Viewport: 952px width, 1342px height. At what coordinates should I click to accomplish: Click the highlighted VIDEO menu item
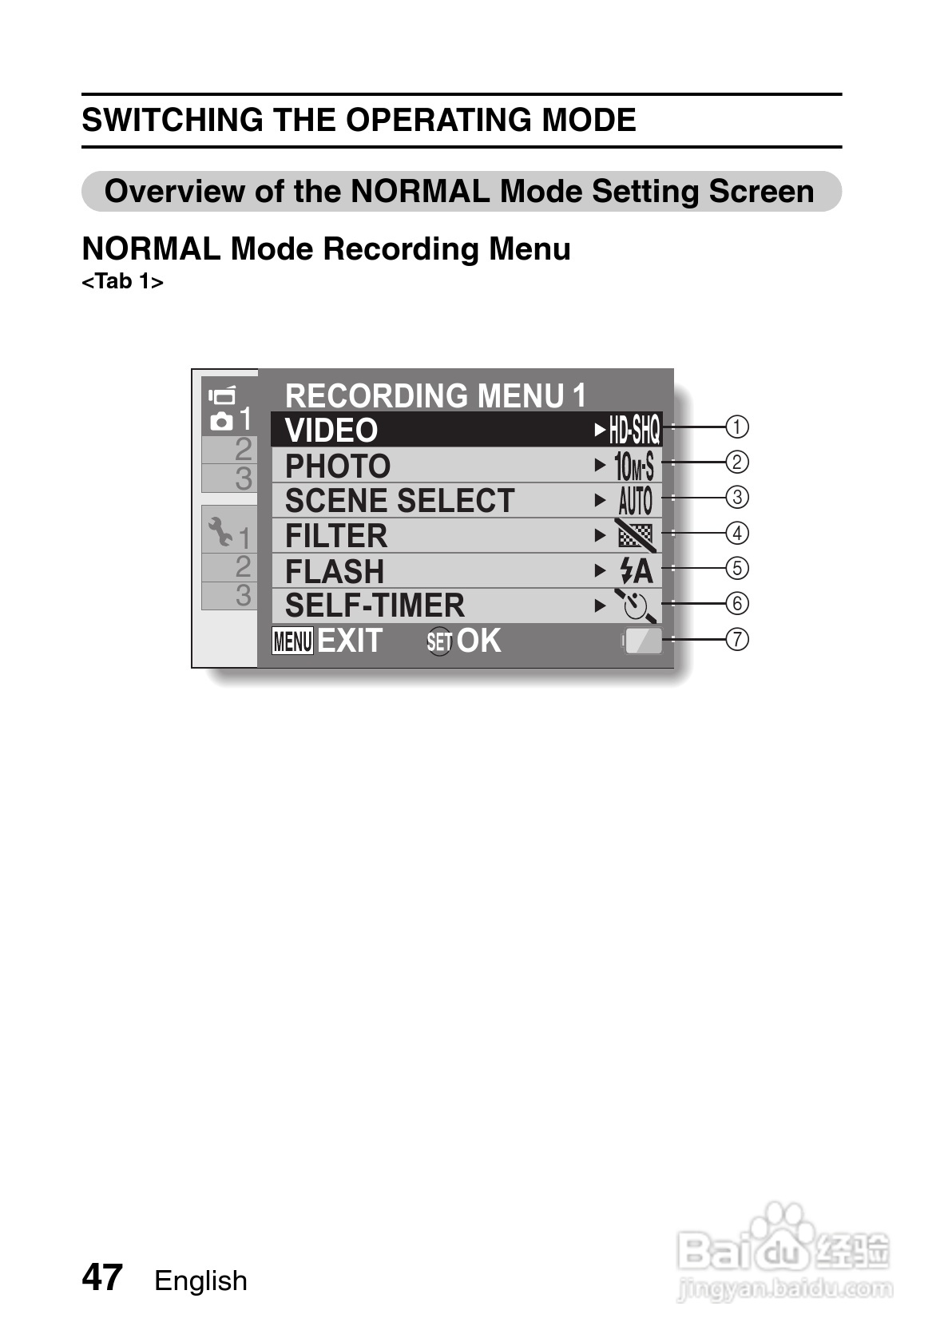(x=331, y=431)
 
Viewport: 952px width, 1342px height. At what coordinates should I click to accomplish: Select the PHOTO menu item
(x=338, y=466)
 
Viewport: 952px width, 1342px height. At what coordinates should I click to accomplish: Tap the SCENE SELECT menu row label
(x=399, y=501)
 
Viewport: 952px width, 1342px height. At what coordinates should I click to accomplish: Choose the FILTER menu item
(x=336, y=536)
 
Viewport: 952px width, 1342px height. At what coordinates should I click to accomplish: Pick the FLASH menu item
(x=335, y=571)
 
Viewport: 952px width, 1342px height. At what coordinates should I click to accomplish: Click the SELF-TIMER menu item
(x=375, y=605)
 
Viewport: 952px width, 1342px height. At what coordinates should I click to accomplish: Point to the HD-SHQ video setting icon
(x=635, y=431)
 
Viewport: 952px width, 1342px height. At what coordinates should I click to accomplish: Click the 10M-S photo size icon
(x=634, y=466)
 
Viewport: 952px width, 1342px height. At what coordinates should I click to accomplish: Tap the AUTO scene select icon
(x=636, y=501)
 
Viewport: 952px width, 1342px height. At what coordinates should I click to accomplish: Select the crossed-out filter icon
(x=636, y=534)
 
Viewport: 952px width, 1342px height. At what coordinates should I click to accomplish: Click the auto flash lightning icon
(x=636, y=571)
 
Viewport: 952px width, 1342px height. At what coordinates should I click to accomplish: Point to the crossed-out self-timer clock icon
(x=636, y=605)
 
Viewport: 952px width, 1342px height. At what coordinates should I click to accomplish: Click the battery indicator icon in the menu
(x=643, y=641)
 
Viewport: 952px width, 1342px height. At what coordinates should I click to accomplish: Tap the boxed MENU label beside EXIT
(x=292, y=641)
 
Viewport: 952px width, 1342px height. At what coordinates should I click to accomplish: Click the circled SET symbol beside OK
(x=439, y=641)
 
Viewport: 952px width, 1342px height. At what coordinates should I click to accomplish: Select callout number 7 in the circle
(x=737, y=639)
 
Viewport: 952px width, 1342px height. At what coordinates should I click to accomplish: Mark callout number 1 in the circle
(x=737, y=427)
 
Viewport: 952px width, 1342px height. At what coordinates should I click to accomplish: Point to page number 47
(x=102, y=1277)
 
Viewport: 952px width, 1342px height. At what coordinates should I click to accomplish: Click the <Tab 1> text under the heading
(x=122, y=282)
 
